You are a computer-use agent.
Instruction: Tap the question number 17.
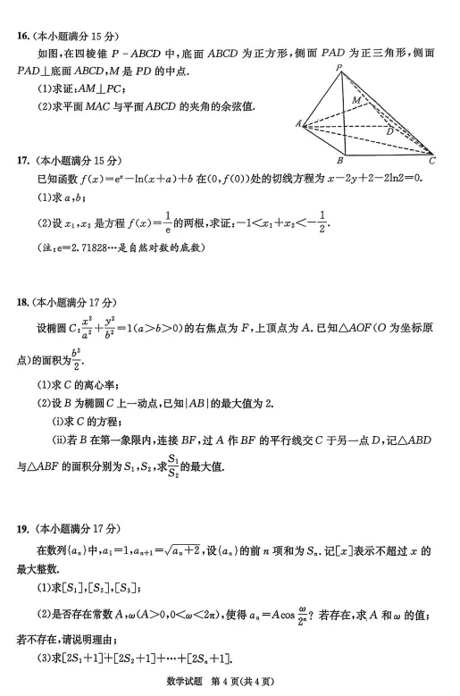24,164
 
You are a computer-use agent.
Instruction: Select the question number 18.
24,302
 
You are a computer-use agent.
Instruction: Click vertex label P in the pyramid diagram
339,68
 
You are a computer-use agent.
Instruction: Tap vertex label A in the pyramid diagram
298,123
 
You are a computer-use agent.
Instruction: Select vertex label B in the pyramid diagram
340,161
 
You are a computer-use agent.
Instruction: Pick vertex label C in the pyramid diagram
431,161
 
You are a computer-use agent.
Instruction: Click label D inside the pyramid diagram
389,130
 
